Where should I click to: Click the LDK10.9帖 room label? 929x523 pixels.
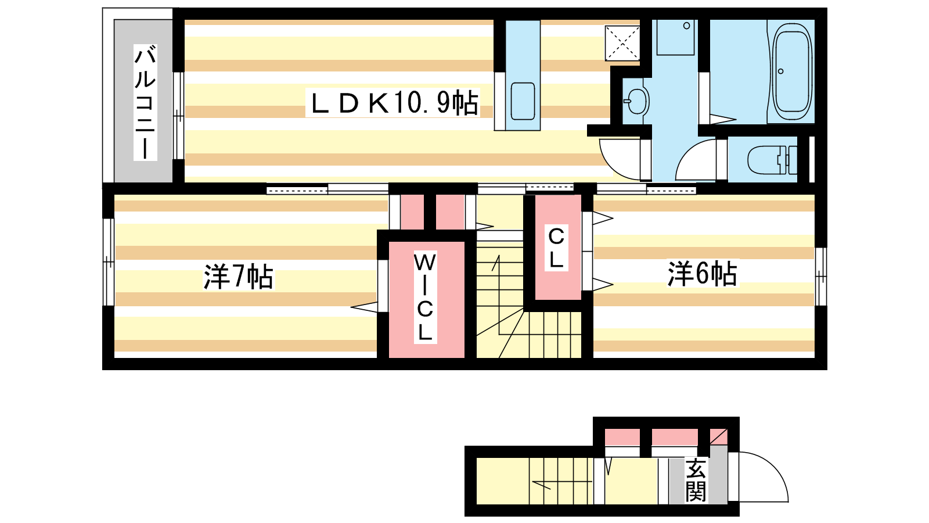(x=393, y=102)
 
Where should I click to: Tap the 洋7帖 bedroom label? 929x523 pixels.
(x=238, y=277)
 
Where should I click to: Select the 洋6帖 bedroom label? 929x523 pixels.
(x=702, y=274)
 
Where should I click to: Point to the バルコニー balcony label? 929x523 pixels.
(x=145, y=102)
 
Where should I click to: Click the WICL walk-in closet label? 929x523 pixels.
(x=425, y=297)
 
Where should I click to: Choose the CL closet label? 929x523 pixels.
(x=556, y=248)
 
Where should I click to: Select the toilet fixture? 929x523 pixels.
(x=772, y=160)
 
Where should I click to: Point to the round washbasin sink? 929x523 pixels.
(x=636, y=101)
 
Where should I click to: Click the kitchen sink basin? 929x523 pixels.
(x=523, y=101)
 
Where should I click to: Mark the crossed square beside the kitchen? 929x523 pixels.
(x=622, y=43)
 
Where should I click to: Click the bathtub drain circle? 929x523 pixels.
(x=780, y=71)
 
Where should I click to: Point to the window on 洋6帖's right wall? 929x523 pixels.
(x=821, y=277)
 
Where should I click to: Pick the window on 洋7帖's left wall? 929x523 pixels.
(x=108, y=262)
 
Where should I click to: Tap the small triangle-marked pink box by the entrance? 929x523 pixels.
(x=718, y=437)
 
